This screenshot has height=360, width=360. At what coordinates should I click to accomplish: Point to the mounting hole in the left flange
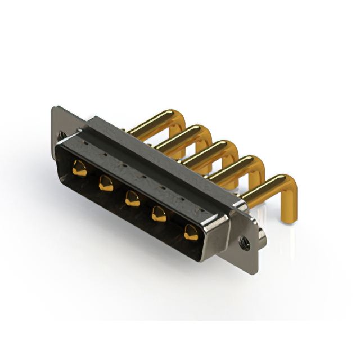point(61,135)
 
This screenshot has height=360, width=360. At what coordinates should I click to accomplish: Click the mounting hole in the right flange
point(245,242)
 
